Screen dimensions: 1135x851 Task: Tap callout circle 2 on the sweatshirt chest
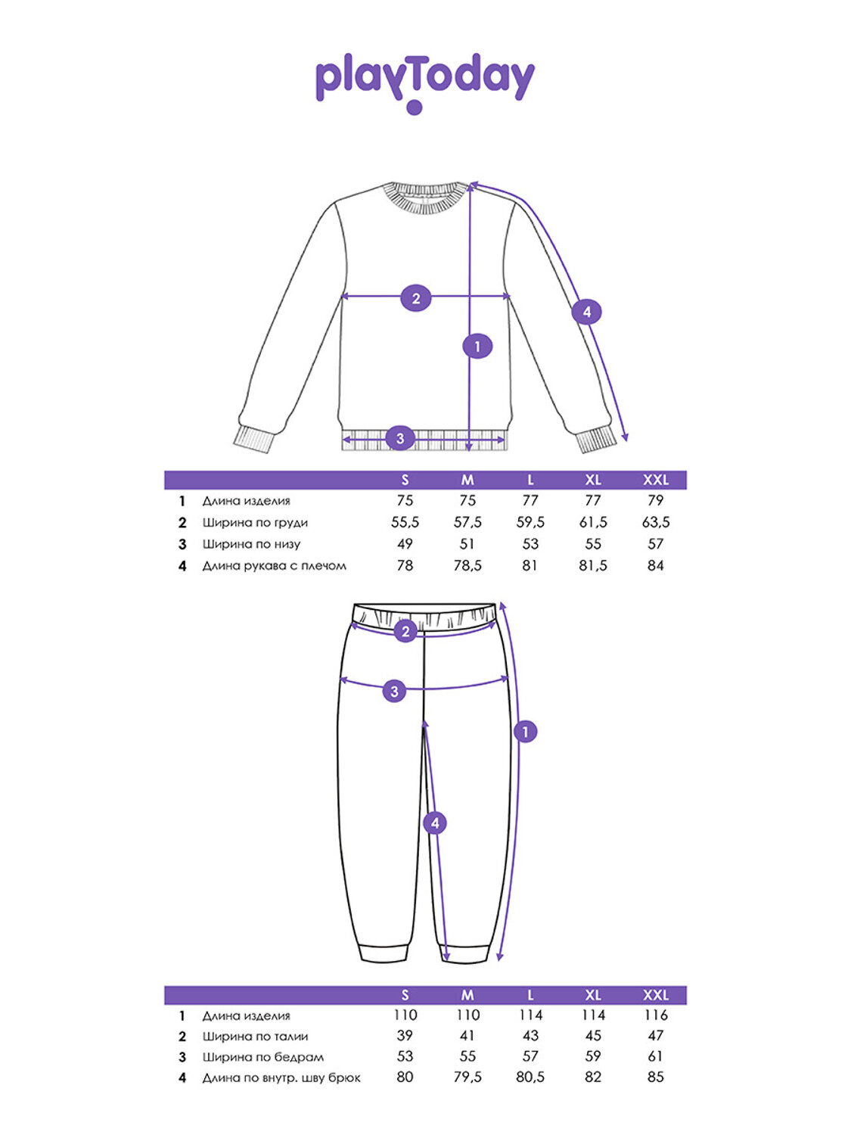(415, 298)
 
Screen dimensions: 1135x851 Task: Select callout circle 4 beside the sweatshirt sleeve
(586, 312)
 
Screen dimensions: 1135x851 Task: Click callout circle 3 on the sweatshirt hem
(400, 438)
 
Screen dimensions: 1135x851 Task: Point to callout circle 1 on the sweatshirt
(477, 347)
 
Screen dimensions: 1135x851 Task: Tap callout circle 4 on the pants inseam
(434, 823)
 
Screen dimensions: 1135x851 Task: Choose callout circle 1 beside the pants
(525, 732)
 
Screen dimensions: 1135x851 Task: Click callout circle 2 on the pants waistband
(406, 631)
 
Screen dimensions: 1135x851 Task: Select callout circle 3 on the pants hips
(394, 691)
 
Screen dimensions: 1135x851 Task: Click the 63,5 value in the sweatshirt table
(655, 522)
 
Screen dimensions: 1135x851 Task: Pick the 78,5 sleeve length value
(467, 565)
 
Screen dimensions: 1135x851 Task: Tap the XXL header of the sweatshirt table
(655, 480)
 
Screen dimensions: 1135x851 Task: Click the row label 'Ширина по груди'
(255, 522)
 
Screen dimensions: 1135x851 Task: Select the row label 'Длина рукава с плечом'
(274, 565)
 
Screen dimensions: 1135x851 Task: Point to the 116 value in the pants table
(655, 1015)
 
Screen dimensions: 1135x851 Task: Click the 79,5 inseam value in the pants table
(467, 1077)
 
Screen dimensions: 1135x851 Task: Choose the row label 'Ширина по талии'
(255, 1036)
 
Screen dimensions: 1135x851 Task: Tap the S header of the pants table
(405, 995)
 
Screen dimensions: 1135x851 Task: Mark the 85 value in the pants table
(655, 1077)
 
